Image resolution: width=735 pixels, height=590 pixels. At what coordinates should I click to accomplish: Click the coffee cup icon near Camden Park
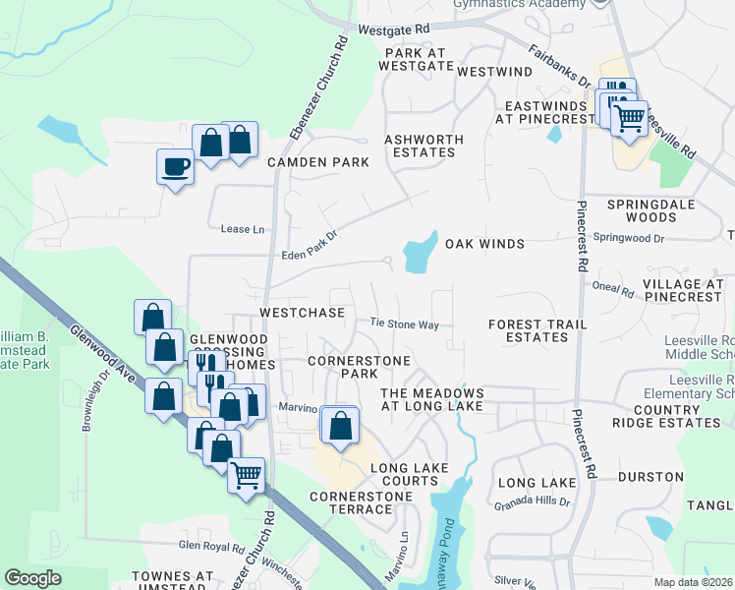point(176,167)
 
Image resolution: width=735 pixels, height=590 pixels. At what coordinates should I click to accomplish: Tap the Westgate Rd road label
point(395,29)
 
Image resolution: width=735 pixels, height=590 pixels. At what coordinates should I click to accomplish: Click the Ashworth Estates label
point(420,146)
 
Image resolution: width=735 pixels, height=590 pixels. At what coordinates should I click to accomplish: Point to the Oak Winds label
point(484,243)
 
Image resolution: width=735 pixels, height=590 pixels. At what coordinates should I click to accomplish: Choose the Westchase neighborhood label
point(302,313)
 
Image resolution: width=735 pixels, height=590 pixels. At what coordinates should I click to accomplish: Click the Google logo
point(32,578)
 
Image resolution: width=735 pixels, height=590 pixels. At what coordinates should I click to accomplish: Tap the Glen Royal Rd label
point(210,545)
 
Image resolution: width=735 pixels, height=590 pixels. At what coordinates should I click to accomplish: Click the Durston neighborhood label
point(650,477)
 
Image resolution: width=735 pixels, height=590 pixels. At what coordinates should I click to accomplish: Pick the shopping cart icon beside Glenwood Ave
point(247,476)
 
